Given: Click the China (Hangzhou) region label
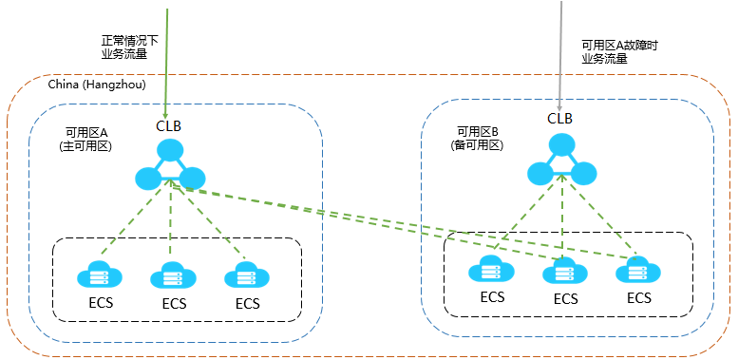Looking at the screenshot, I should pos(96,85).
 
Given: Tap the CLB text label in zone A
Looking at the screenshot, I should pos(169,125).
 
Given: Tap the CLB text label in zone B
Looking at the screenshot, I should pos(560,119).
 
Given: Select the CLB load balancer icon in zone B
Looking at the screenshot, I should pos(562,161).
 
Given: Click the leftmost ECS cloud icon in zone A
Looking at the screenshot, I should pos(98,275).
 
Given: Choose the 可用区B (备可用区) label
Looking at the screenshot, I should pos(477,139).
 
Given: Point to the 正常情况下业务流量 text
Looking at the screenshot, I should pos(124,47).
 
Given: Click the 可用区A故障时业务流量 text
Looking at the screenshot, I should pos(618,51).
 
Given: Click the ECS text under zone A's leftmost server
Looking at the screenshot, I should pos(98,304).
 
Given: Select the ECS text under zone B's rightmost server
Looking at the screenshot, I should pos(639,298).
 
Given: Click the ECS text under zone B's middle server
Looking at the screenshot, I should pos(566,299).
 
